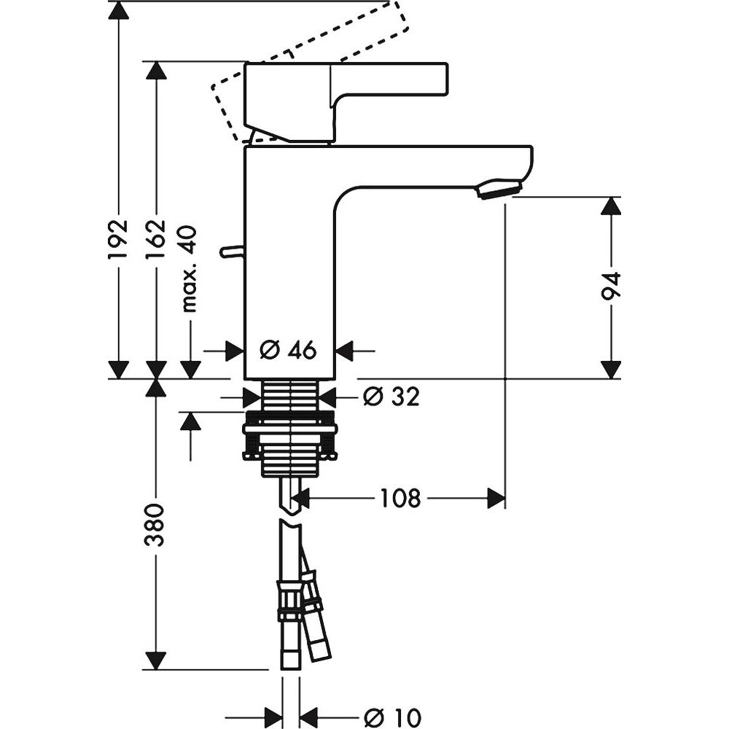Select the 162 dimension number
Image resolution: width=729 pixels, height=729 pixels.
click(155, 238)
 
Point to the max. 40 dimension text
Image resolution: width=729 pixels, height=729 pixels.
click(189, 268)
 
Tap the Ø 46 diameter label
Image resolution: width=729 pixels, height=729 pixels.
click(289, 351)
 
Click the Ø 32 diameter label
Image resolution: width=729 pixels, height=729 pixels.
click(391, 397)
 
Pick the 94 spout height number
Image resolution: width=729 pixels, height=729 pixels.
click(611, 286)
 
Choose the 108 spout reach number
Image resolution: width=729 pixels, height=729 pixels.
click(400, 499)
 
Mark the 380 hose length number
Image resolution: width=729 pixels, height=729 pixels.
click(155, 525)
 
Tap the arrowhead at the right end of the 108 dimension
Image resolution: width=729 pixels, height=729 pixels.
click(497, 499)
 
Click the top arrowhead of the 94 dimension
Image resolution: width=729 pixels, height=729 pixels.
click(611, 205)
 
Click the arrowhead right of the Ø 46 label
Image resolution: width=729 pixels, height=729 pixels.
click(345, 351)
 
